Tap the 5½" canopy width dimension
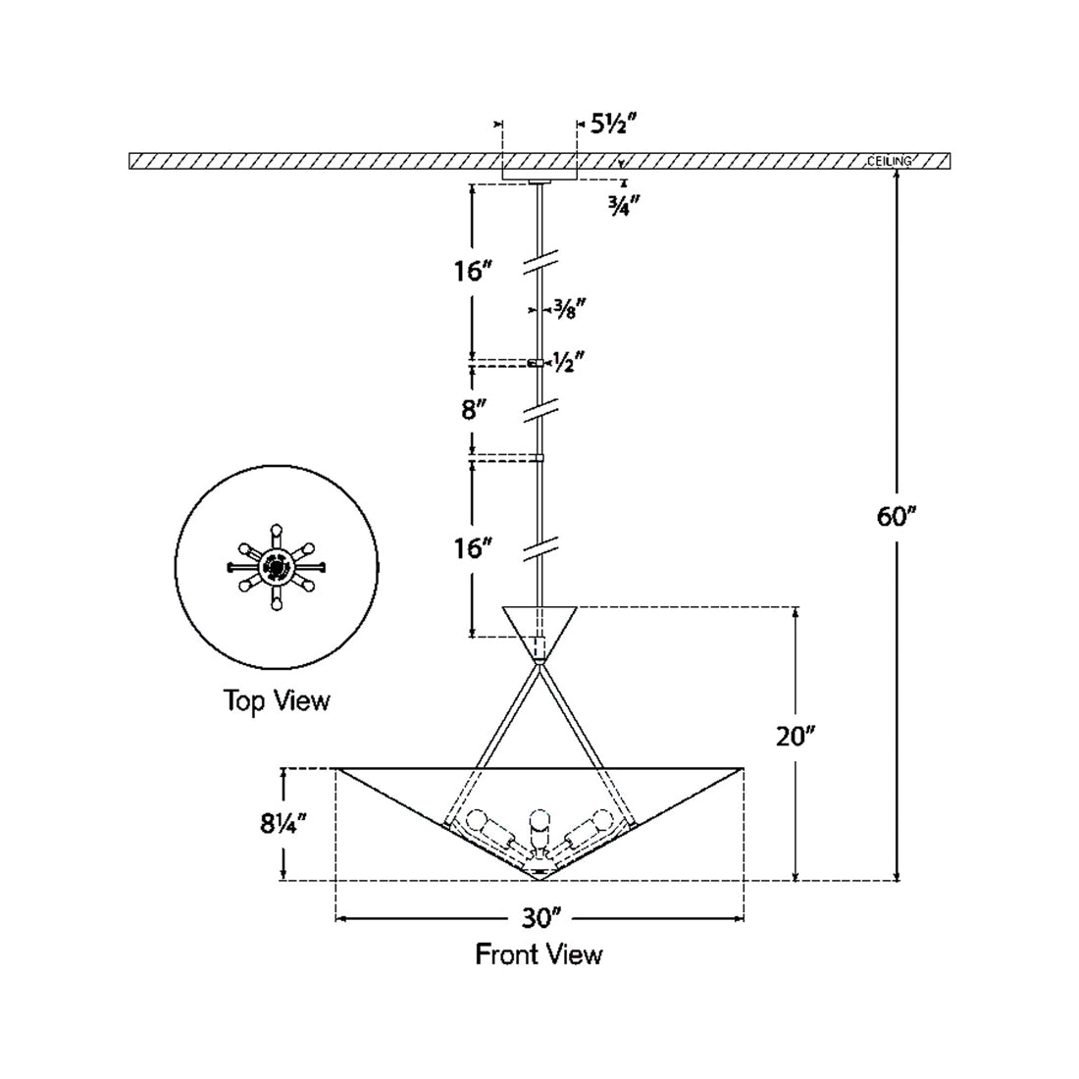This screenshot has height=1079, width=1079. pyautogui.click(x=614, y=125)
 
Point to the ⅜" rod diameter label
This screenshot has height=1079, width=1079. pyautogui.click(x=569, y=308)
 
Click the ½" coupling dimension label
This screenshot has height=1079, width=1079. pyautogui.click(x=569, y=361)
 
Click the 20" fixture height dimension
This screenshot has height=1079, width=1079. pyautogui.click(x=796, y=736)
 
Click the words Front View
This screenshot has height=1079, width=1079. pyautogui.click(x=539, y=953)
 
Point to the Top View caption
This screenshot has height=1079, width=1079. pyautogui.click(x=277, y=700)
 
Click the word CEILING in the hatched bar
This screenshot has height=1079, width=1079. pyautogui.click(x=890, y=161)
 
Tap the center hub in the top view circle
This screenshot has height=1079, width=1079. pyautogui.click(x=277, y=566)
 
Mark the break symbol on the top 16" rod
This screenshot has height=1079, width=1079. pyautogui.click(x=539, y=262)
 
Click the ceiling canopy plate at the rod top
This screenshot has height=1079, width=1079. pyautogui.click(x=539, y=180)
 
